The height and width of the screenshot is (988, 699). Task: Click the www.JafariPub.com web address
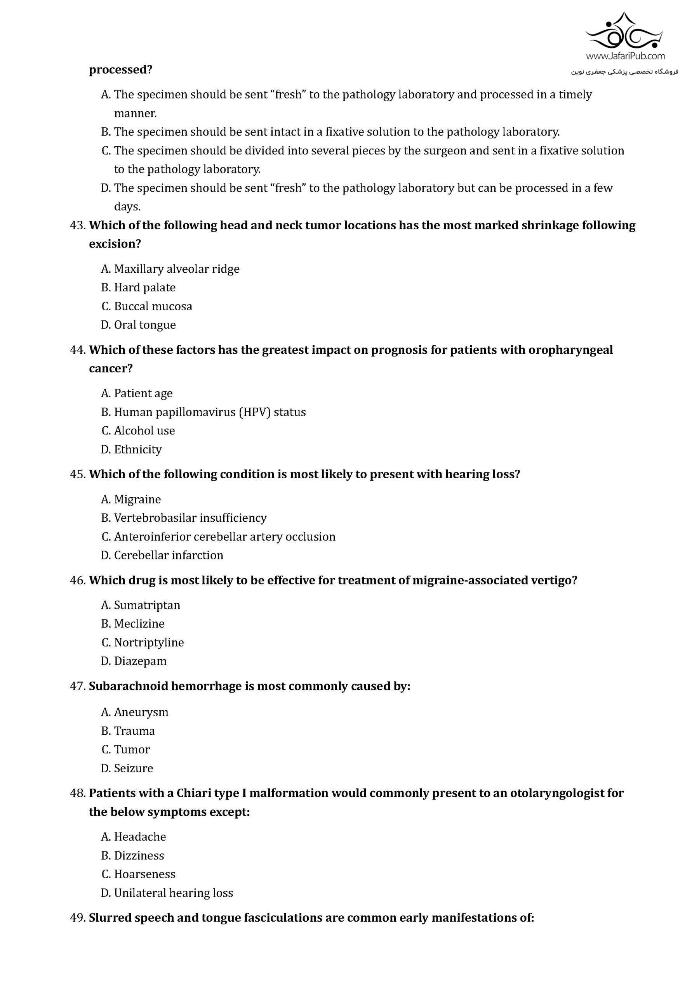[625, 56]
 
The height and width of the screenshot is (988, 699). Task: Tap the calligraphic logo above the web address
[625, 31]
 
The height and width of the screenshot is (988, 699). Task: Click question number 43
[78, 225]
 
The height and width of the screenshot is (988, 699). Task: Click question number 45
[78, 474]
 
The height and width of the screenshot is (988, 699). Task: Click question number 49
[78, 918]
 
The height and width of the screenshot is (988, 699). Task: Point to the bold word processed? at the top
[121, 70]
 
